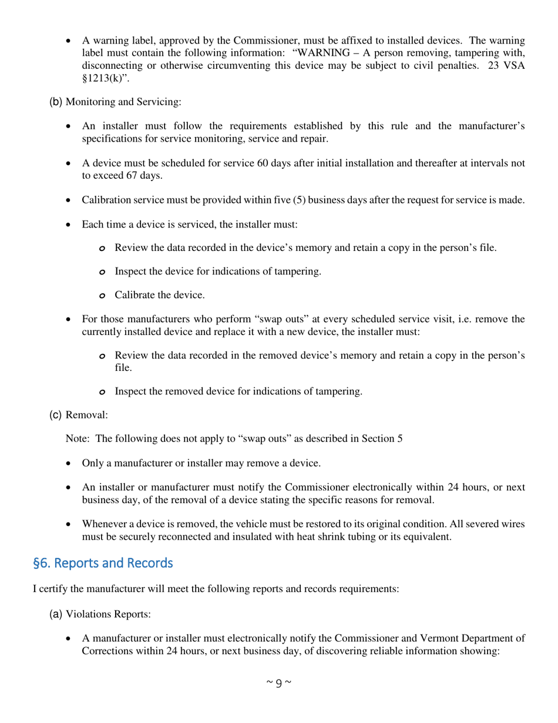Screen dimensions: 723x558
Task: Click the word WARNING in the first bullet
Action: [321, 53]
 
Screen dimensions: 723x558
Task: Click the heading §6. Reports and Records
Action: [103, 563]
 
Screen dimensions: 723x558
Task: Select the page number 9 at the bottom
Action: [278, 682]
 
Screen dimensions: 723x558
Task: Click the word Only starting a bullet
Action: [93, 463]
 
